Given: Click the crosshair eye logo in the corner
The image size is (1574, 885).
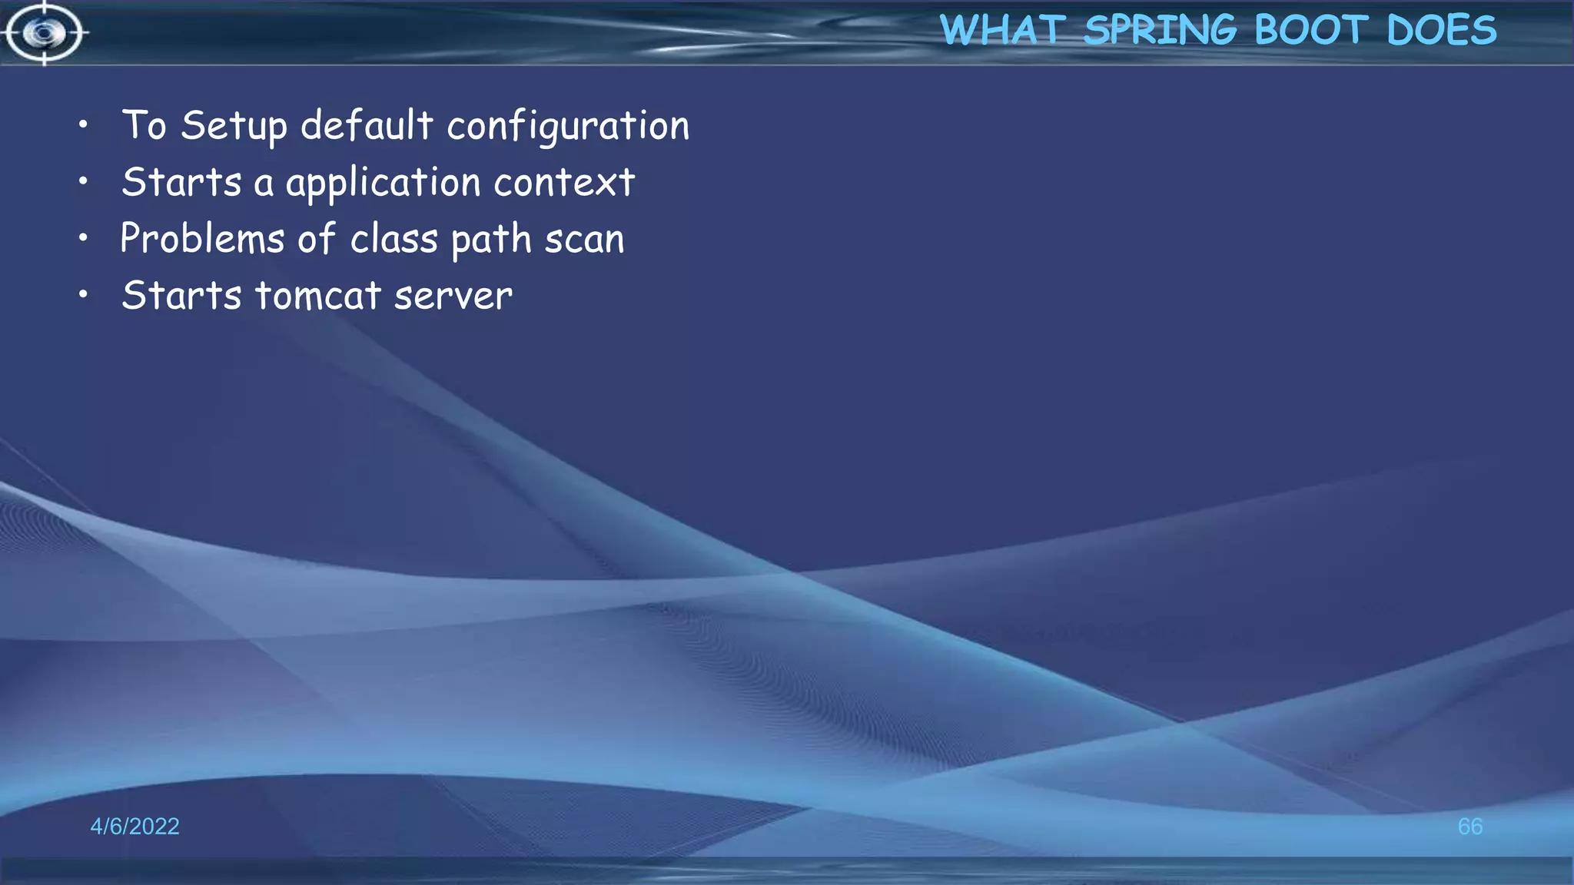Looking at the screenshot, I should tap(44, 33).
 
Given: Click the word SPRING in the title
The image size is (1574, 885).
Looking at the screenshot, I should tap(1160, 31).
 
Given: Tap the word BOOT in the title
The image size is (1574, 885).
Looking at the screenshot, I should tap(1311, 31).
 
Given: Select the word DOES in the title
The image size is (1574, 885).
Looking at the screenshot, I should tap(1442, 31).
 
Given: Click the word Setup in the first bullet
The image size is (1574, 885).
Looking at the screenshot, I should tap(234, 126).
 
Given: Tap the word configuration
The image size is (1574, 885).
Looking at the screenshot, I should tap(568, 127).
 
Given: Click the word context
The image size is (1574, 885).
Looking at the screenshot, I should tap(564, 183).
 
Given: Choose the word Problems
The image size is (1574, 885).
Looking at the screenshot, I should tap(202, 238).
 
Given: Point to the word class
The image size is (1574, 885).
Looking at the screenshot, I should tap(394, 239).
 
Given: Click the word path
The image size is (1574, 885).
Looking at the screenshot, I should tap(491, 240).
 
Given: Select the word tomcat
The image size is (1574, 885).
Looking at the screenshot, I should tap(318, 296).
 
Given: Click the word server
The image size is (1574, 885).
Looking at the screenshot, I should tap(453, 297).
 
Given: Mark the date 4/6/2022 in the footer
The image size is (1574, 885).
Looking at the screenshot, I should tap(134, 827).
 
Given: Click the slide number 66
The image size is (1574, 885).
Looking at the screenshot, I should tap(1469, 827).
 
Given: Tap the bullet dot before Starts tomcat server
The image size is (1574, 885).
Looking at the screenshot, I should tap(83, 294).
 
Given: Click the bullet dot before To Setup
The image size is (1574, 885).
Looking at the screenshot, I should tap(83, 124).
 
